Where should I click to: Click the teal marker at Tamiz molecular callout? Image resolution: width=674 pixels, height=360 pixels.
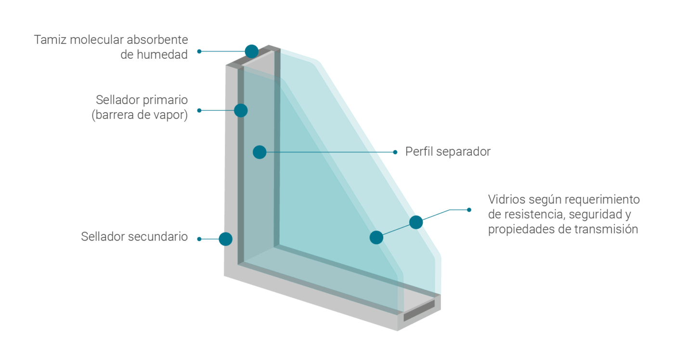(251, 51)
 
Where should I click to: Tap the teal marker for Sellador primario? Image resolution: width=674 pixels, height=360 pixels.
(241, 110)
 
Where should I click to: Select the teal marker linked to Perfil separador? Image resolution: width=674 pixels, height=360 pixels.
(259, 152)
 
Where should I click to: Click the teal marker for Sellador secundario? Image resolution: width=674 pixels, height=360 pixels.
(225, 239)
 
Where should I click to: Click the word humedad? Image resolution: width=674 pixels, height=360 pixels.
(162, 55)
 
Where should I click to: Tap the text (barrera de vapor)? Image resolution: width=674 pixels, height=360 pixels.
(140, 116)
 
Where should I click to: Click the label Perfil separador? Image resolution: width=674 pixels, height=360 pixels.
(448, 152)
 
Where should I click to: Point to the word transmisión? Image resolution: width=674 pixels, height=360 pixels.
(606, 229)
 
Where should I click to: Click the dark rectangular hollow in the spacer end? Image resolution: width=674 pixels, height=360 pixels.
(419, 310)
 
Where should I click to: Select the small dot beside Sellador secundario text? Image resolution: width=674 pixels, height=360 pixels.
(199, 239)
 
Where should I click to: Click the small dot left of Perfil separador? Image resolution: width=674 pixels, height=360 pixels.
(395, 152)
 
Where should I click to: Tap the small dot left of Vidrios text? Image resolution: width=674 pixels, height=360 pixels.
(469, 210)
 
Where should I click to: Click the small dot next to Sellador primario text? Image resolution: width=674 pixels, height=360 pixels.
(199, 110)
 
